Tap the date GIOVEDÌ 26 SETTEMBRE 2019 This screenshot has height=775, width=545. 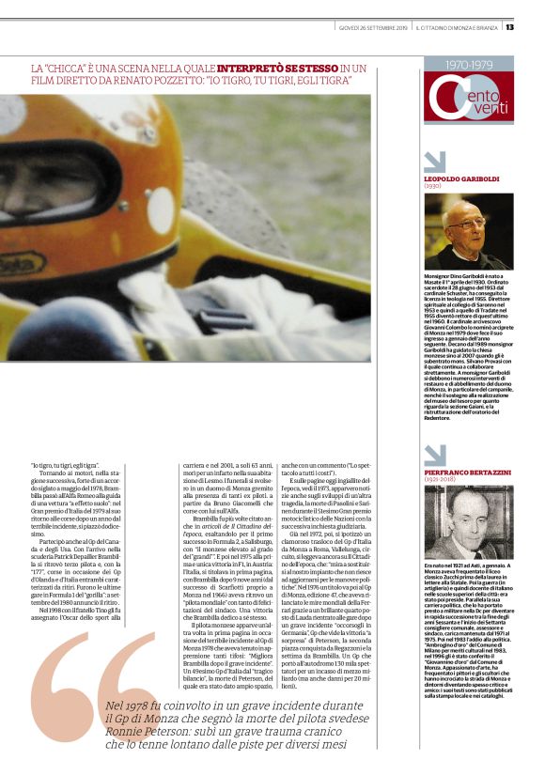pyautogui.click(x=373, y=26)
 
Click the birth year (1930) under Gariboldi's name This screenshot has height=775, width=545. pyautogui.click(x=433, y=186)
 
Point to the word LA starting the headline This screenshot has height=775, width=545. pyautogui.click(x=37, y=69)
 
